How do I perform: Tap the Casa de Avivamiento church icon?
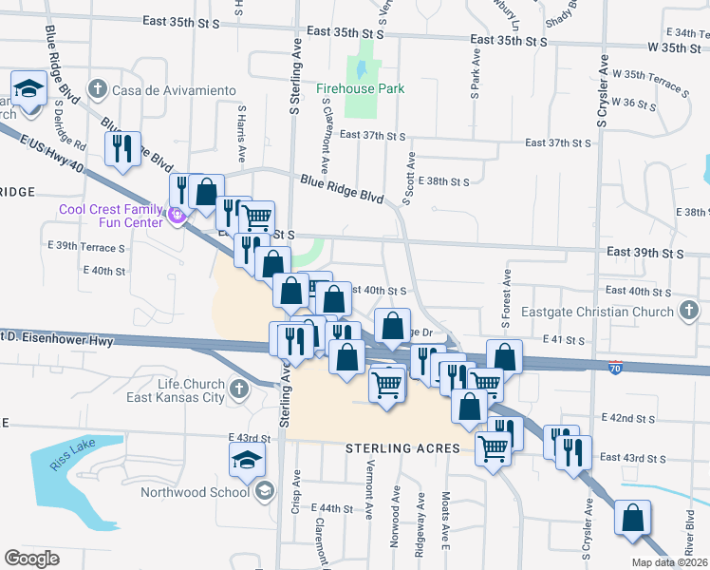pyautogui.click(x=96, y=89)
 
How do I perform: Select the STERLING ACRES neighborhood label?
pyautogui.click(x=402, y=447)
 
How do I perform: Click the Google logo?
pyautogui.click(x=31, y=558)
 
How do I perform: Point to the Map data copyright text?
pyautogui.click(x=669, y=562)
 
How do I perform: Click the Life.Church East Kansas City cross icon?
pyautogui.click(x=238, y=389)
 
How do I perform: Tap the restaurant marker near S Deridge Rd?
pyautogui.click(x=122, y=149)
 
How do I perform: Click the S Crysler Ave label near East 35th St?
pyautogui.click(x=602, y=95)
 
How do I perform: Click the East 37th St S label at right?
pyautogui.click(x=558, y=142)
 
